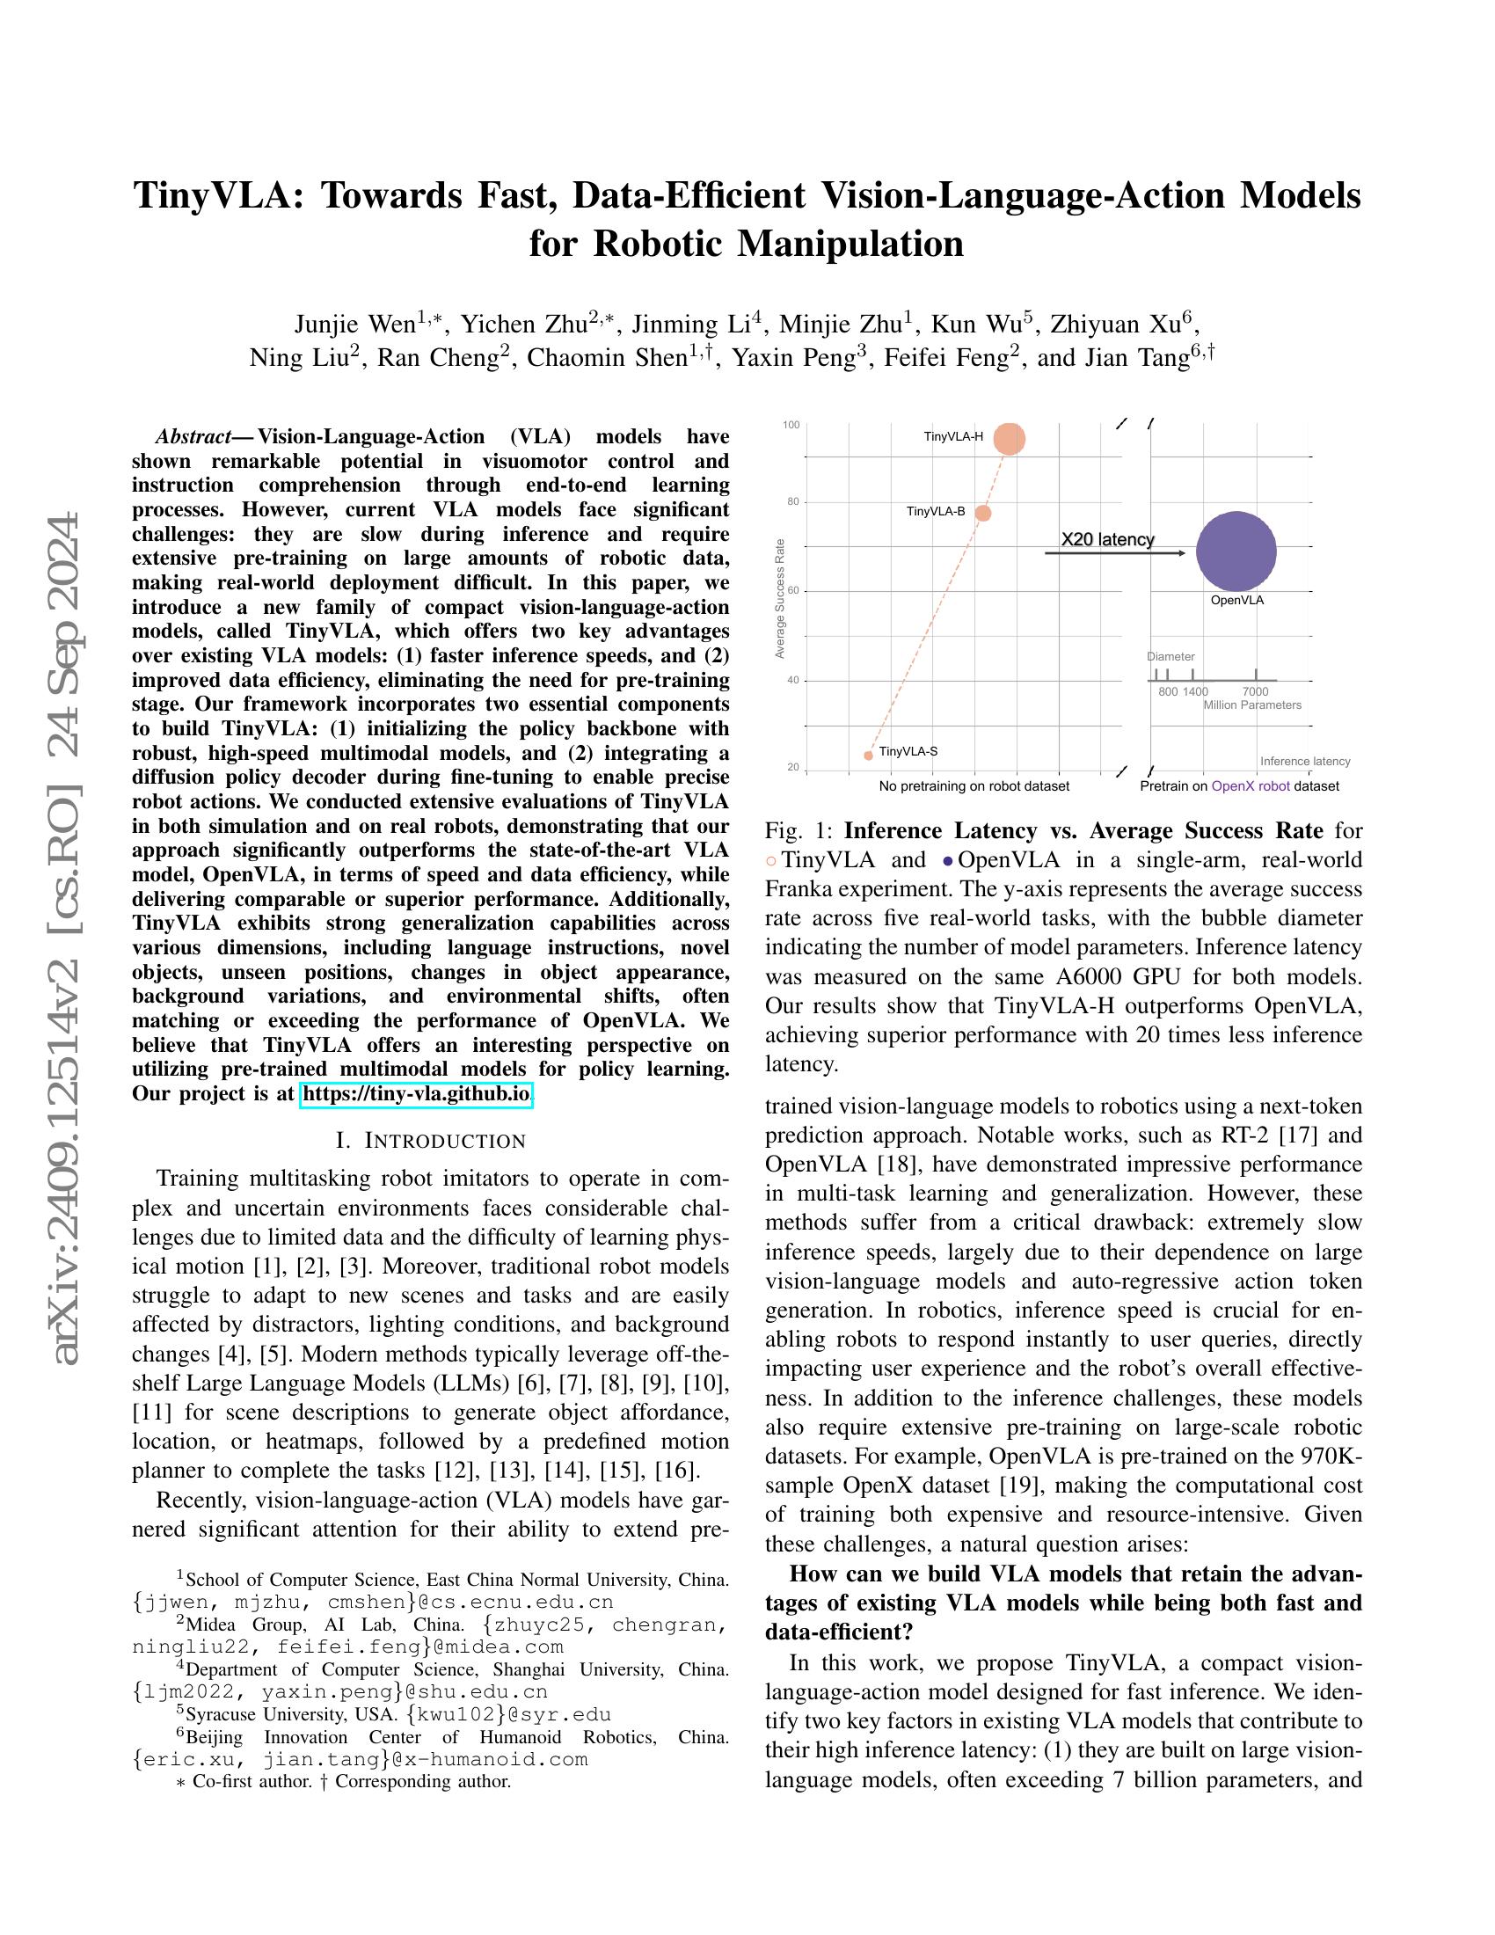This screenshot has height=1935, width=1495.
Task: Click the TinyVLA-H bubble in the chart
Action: click(1009, 439)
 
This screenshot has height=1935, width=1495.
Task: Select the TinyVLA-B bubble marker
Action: click(982, 513)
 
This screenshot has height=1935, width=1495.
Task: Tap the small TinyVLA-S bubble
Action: click(868, 755)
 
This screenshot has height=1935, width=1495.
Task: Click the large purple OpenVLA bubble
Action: click(1236, 551)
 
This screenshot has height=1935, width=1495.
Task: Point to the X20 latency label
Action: click(1107, 538)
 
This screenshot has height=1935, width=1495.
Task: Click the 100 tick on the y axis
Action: click(791, 426)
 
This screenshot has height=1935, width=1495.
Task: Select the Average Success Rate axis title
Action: click(780, 599)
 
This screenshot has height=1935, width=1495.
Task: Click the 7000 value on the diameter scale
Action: click(1255, 691)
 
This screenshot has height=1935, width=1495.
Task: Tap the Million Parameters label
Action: click(1251, 705)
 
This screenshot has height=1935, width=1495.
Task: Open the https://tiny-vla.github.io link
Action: click(416, 1094)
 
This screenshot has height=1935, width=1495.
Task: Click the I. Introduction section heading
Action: click(431, 1140)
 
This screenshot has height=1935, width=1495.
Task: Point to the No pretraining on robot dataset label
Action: click(974, 785)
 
